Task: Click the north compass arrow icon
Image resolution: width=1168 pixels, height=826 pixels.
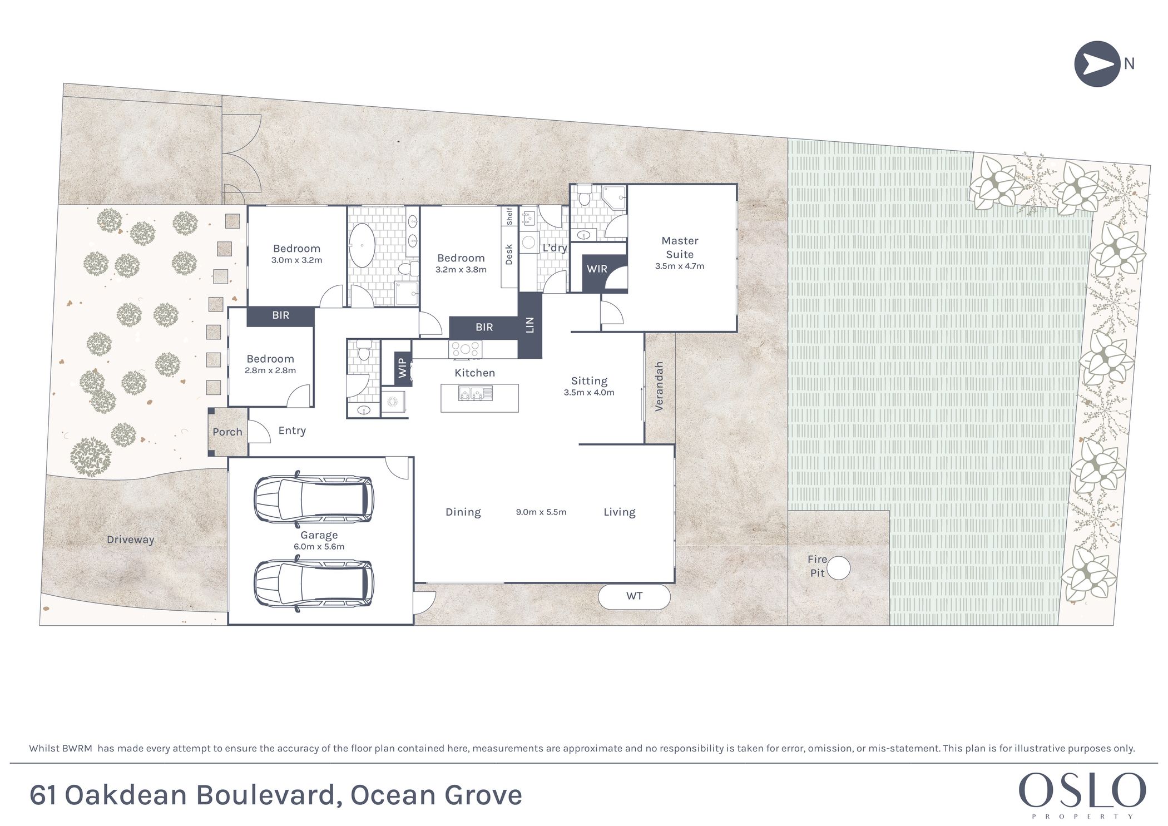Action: pos(1096,64)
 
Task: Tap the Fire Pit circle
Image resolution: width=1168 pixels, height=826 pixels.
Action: pos(838,568)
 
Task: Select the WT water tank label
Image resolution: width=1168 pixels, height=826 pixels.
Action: pos(634,596)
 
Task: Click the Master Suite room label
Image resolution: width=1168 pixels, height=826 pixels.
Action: pos(680,248)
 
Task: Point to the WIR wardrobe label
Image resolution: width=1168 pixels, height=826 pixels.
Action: pos(597,269)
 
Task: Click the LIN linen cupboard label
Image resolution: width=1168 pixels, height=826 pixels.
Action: pos(529,325)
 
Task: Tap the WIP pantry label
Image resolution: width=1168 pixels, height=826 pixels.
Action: pos(402,368)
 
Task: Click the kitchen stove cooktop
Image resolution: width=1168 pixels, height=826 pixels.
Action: pos(465,349)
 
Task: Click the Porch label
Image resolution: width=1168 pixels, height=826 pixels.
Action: pos(227,432)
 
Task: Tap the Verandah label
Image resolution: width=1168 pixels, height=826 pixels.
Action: pos(659,387)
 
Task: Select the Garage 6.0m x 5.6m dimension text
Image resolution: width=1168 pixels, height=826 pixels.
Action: pos(319,547)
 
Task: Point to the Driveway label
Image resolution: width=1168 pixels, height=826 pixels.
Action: pos(130,540)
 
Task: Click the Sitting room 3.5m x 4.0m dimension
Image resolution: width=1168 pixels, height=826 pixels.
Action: pos(589,393)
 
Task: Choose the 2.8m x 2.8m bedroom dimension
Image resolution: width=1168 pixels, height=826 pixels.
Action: pos(270,370)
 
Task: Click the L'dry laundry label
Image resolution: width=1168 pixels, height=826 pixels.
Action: pos(555,248)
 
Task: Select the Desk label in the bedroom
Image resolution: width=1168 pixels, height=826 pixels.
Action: pos(509,255)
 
